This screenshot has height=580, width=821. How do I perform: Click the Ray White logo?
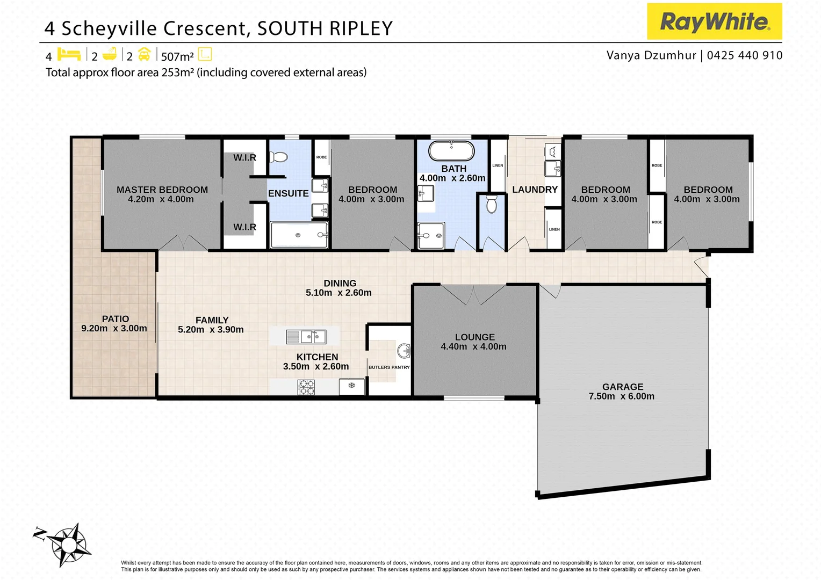pyautogui.click(x=714, y=21)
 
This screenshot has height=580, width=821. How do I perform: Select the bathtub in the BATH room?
pyautogui.click(x=451, y=151)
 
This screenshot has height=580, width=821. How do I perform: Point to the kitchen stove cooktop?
pyautogui.click(x=306, y=387)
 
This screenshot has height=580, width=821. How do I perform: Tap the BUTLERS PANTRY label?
pyautogui.click(x=389, y=367)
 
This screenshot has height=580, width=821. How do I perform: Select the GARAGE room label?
pyautogui.click(x=622, y=387)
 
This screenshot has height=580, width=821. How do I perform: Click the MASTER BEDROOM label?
pyautogui.click(x=162, y=190)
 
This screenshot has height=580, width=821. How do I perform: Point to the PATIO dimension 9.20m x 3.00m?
pyautogui.click(x=114, y=328)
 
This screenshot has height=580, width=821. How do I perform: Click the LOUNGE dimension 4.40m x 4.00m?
pyautogui.click(x=473, y=347)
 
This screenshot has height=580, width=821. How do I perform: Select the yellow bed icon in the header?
pyautogui.click(x=69, y=54)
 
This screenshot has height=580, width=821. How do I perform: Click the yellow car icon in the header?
pyautogui.click(x=144, y=54)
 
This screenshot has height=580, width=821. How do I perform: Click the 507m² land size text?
pyautogui.click(x=177, y=56)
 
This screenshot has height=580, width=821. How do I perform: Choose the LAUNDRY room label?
pyautogui.click(x=535, y=190)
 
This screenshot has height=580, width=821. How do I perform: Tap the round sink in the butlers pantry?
pyautogui.click(x=404, y=351)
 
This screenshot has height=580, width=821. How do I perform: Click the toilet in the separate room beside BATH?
pyautogui.click(x=492, y=204)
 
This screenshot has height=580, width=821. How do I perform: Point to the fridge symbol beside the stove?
pyautogui.click(x=352, y=386)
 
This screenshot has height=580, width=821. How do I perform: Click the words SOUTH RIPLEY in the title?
pyautogui.click(x=325, y=28)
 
